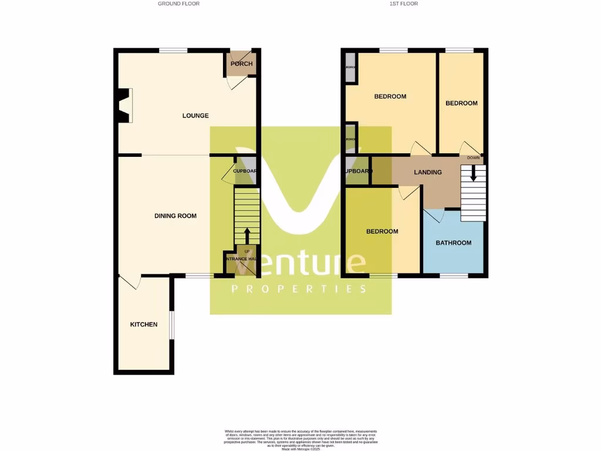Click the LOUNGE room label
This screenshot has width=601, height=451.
click(195, 116)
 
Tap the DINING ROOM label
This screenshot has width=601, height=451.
click(175, 216)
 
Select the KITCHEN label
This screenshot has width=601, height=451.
click(144, 324)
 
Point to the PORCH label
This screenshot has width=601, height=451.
click(241, 64)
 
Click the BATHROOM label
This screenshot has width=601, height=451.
click(453, 243)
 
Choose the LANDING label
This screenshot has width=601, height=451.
click(428, 172)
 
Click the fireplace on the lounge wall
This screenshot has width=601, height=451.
click(123, 106)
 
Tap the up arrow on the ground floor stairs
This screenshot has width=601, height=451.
click(247, 235)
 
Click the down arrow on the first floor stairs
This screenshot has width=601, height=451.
click(474, 174)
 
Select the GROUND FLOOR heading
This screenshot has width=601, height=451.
click(179, 4)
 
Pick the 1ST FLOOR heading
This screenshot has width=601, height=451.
click(404, 4)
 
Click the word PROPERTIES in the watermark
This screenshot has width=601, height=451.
click(299, 289)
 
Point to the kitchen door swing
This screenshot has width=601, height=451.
click(131, 282)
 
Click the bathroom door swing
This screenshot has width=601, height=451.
click(433, 216)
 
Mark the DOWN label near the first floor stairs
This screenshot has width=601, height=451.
click(474, 158)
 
